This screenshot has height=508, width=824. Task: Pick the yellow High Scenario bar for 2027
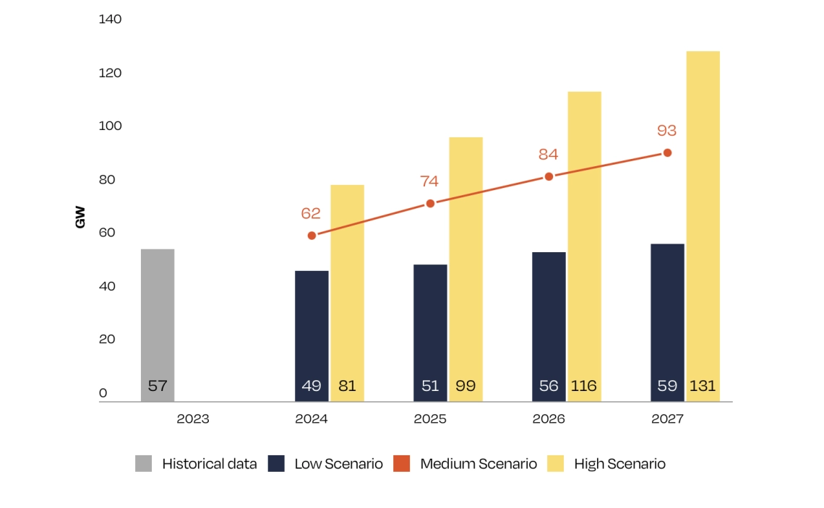(x=703, y=217)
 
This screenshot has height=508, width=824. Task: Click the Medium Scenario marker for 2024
(x=312, y=236)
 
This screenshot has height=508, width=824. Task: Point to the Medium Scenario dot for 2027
(x=667, y=152)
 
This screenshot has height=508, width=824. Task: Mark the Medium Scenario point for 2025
(x=430, y=203)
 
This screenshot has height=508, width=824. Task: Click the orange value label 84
(x=549, y=155)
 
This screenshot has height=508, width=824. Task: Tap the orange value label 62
(x=312, y=213)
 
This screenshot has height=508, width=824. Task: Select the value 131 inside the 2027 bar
(x=703, y=386)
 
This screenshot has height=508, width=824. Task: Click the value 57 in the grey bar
(x=158, y=386)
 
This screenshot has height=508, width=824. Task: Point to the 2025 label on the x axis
(x=430, y=419)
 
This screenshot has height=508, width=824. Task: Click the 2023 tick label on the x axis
(x=193, y=419)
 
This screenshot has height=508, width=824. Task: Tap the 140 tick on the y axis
(x=111, y=20)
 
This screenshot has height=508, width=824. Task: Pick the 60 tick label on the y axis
(x=107, y=233)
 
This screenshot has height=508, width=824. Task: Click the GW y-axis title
(x=80, y=218)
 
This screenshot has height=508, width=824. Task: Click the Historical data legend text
(x=210, y=464)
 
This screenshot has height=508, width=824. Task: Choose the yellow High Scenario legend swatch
(x=557, y=464)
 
